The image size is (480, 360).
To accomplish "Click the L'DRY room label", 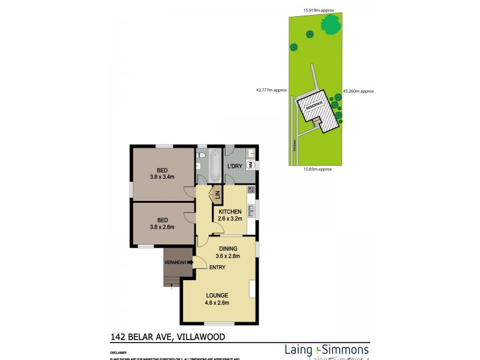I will tap(234, 166).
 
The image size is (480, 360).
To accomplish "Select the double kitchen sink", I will tap(252, 211).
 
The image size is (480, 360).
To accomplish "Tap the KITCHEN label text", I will tap(230, 212).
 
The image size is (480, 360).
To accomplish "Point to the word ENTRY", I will tap(217, 267).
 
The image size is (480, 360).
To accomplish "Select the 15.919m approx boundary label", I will tap(319, 10).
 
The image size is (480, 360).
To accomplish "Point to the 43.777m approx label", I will tap(271, 90).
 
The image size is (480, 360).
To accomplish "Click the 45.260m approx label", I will tap(358, 91).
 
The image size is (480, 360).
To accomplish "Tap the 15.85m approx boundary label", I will tap(317, 169).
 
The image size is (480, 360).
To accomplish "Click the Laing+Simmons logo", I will tap(326, 349).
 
